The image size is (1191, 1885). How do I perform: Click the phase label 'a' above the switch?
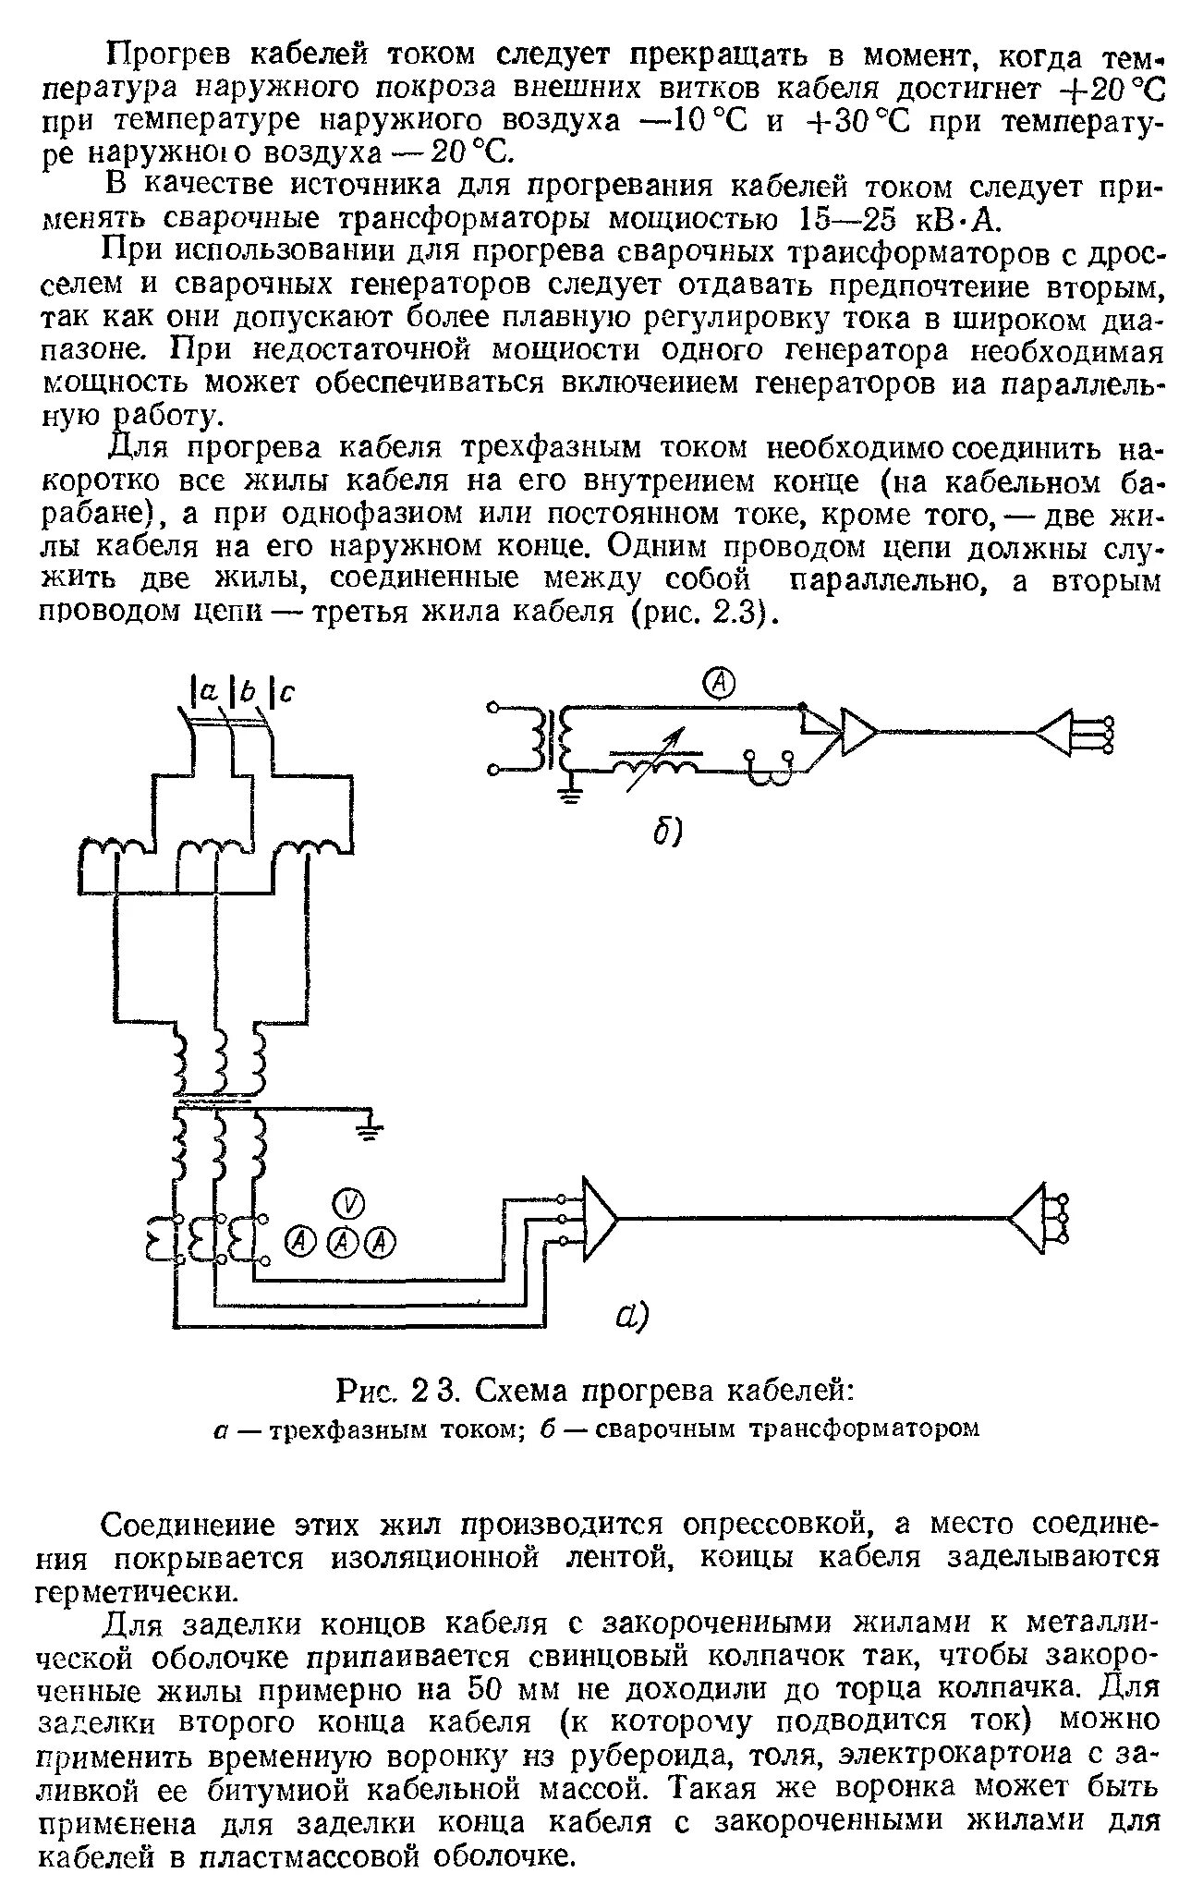[x=207, y=690]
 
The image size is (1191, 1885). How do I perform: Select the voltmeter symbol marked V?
[x=348, y=1202]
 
